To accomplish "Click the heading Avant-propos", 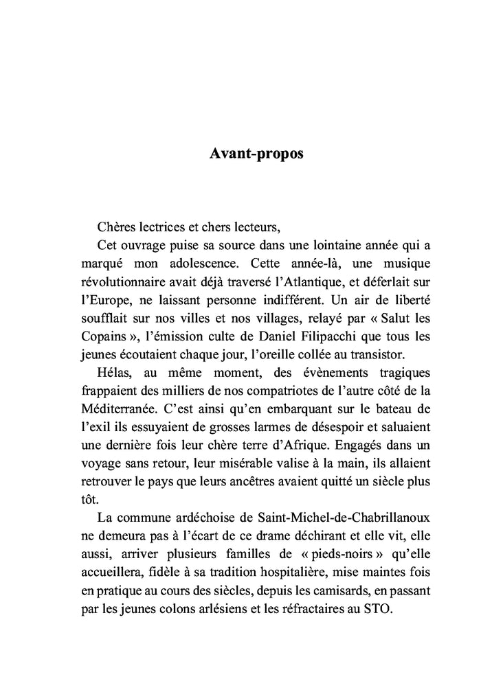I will click(256, 154).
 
